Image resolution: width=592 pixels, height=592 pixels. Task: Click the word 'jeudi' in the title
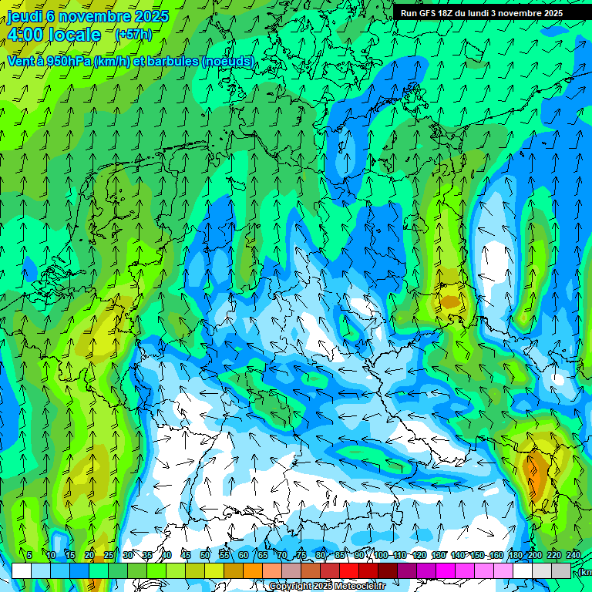pyautogui.click(x=25, y=16)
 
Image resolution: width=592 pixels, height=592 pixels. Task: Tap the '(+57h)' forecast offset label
pyautogui.click(x=133, y=35)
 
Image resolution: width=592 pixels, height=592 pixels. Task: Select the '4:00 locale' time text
pyautogui.click(x=54, y=35)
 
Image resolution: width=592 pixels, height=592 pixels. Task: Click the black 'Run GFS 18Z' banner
pyautogui.click(x=481, y=13)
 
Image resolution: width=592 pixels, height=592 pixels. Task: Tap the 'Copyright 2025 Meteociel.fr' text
pyautogui.click(x=327, y=587)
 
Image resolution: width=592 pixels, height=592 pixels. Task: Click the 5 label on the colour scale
pyautogui.click(x=29, y=555)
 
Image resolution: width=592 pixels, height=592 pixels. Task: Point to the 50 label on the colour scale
pyautogui.click(x=205, y=555)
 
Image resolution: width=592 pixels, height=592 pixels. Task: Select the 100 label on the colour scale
pyautogui.click(x=381, y=555)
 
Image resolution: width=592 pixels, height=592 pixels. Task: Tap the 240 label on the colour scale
pyautogui.click(x=573, y=555)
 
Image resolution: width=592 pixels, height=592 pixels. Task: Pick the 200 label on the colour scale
pyautogui.click(x=535, y=555)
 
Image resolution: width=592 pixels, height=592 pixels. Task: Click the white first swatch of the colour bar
pyautogui.click(x=22, y=570)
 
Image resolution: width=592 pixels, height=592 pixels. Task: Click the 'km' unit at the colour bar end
pyautogui.click(x=586, y=572)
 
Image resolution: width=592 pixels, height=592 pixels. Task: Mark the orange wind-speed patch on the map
pyautogui.click(x=533, y=470)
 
